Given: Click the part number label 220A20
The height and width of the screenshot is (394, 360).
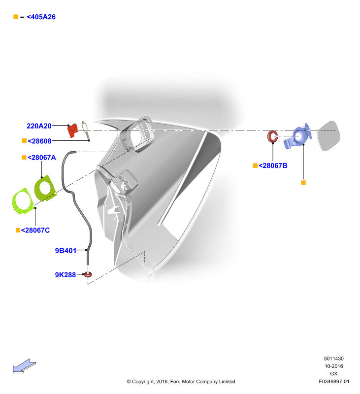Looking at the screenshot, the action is click(39, 126).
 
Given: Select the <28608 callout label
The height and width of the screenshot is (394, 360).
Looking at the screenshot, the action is click(39, 141).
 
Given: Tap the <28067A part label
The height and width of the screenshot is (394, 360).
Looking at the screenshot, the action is click(42, 158).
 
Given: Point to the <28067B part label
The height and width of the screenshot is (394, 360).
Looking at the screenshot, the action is click(273, 165).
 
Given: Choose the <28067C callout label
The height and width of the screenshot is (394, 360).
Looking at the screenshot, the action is click(35, 230).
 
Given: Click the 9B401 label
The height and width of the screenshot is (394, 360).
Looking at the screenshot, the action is click(65, 251).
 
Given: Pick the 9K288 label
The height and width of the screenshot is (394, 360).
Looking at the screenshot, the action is click(65, 275).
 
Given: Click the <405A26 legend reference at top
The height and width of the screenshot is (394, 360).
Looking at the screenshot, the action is click(41, 17).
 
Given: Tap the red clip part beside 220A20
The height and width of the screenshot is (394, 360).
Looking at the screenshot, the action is click(72, 131).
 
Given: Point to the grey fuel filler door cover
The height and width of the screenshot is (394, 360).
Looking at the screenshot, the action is click(328, 136).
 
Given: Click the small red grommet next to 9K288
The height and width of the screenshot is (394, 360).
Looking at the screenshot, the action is click(88, 274).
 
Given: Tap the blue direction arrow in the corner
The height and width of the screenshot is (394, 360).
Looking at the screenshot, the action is click(24, 366).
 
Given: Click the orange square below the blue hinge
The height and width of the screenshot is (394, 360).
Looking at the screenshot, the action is click(303, 183).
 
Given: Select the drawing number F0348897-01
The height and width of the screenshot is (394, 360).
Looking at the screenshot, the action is click(334, 381).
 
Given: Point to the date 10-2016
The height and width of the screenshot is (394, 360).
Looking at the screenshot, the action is click(333, 366).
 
